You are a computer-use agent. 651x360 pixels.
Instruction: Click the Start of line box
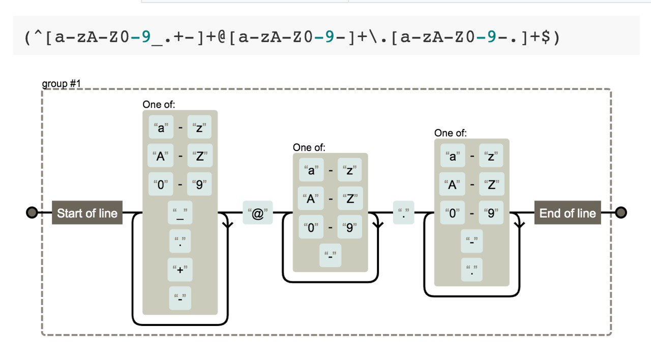click(87, 213)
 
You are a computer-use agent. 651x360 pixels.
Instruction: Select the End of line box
click(568, 213)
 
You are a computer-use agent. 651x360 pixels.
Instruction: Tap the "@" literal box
click(258, 214)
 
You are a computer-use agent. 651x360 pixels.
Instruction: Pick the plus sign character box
click(180, 269)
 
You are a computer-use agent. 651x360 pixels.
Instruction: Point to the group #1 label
click(61, 83)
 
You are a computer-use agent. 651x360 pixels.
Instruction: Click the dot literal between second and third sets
click(403, 213)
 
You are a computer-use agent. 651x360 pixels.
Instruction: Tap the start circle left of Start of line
click(32, 213)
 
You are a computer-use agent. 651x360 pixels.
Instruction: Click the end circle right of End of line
click(620, 213)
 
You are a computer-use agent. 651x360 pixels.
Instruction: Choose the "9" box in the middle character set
click(350, 227)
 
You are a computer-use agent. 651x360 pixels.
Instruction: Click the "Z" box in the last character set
click(491, 184)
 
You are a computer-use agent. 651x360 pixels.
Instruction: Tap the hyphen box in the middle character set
click(331, 255)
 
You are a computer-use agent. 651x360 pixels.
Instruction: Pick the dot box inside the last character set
click(472, 269)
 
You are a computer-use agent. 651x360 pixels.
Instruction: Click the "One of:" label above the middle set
click(309, 147)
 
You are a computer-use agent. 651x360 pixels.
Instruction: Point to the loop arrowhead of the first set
click(227, 224)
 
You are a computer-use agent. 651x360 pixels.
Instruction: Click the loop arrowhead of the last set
click(519, 224)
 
